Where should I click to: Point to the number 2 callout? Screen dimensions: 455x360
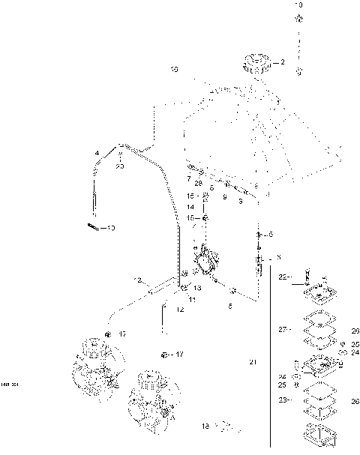[x=282, y=63]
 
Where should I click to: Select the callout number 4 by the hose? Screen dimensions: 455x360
[x=97, y=154]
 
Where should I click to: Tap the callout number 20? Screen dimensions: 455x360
[x=120, y=166]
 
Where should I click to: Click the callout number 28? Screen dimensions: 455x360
[x=198, y=183]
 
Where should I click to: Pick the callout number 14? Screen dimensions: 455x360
[x=190, y=206]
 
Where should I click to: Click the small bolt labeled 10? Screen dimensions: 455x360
[x=93, y=226]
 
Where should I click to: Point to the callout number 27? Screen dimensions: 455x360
[x=283, y=329]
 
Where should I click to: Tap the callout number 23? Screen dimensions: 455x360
[x=283, y=400]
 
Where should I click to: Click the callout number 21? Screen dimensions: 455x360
[x=253, y=362]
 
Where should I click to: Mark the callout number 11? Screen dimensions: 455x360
[x=192, y=299]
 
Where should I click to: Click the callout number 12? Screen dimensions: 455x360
[x=180, y=309]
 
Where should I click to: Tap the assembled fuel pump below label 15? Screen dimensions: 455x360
[x=204, y=262]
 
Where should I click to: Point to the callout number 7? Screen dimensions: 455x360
[x=189, y=178]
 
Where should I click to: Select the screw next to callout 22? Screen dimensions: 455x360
[x=305, y=277]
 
